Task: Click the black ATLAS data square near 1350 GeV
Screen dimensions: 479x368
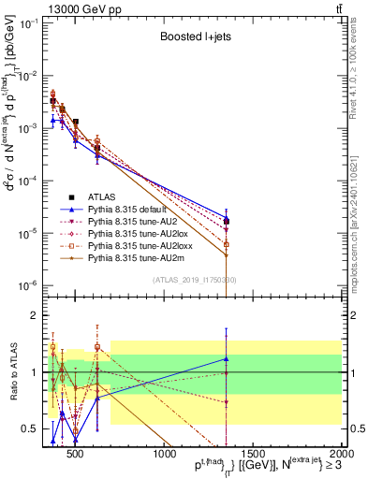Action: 226,221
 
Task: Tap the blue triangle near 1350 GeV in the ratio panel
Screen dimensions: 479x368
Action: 226,358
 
